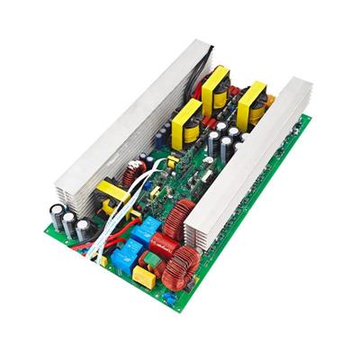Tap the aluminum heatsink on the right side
pos(261,162)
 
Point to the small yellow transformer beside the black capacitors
pos(113,193)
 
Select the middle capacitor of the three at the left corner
pos(67,223)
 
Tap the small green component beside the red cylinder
pos(151,259)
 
